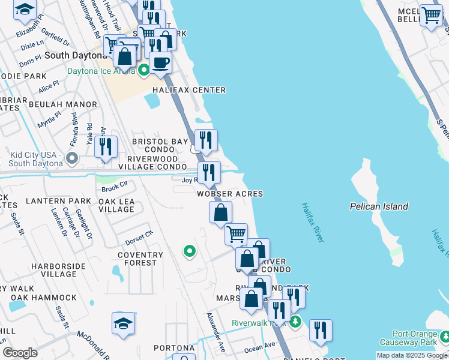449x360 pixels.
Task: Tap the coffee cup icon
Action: pos(160,62)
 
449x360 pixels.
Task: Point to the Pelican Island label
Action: pos(379,206)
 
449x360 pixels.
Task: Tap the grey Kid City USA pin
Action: pos(72,159)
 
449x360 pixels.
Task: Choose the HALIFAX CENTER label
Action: pos(188,90)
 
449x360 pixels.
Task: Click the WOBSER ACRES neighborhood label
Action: pos(230,194)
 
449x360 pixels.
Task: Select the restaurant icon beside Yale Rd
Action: pos(106,146)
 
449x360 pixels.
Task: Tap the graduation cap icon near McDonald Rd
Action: pos(123,323)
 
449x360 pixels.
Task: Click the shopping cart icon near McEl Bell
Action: pos(431,16)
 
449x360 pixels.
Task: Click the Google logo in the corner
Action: pos(20,353)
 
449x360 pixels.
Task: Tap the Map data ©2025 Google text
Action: pos(411,355)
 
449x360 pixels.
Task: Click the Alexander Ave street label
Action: pos(215,332)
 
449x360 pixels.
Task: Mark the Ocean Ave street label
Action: pos(259,346)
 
